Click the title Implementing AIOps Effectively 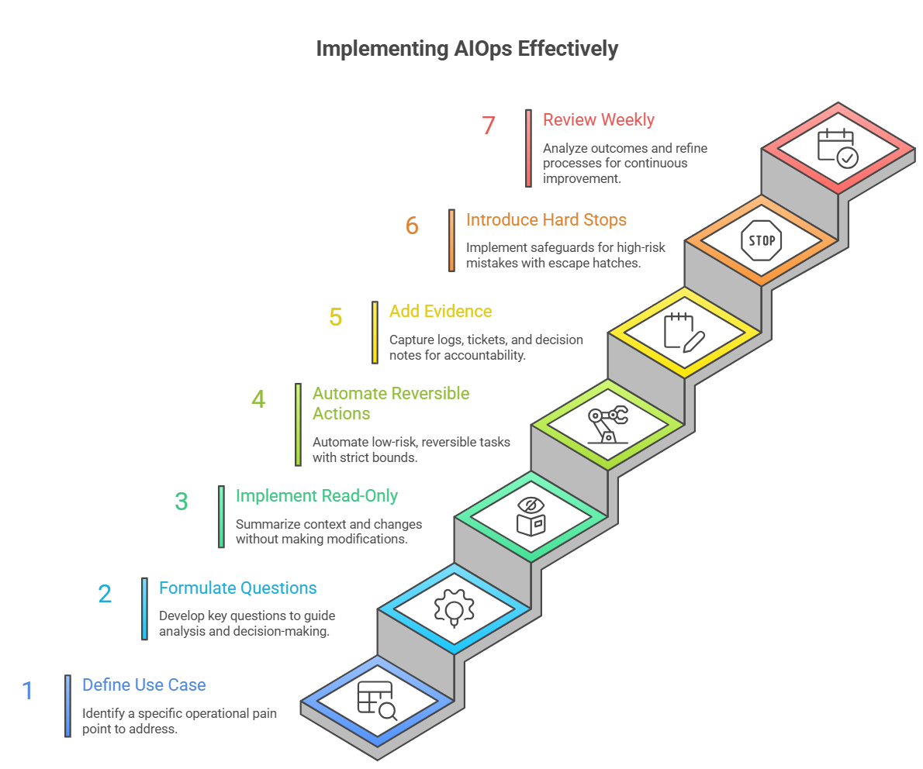(467, 49)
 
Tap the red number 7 (488, 126)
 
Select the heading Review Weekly (598, 120)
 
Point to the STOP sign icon (761, 240)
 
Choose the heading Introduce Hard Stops (546, 220)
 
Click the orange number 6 (412, 226)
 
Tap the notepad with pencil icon (683, 332)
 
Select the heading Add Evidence (441, 312)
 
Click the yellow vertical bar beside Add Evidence (375, 333)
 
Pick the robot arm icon (607, 425)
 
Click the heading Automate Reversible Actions (391, 403)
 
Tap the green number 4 (258, 399)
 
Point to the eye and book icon (531, 516)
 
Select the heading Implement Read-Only (316, 496)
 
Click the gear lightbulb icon (454, 607)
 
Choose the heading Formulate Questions (238, 588)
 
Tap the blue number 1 (28, 690)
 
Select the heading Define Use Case (144, 685)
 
